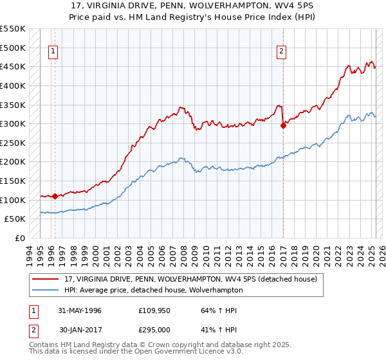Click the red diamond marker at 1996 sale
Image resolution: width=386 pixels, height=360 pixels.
point(55,196)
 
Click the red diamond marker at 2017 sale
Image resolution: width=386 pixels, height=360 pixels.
point(283,126)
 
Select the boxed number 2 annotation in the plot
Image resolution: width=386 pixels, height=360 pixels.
point(281,53)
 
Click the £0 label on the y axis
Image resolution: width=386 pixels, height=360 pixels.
point(19,238)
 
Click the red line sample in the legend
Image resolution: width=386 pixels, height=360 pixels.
point(46,280)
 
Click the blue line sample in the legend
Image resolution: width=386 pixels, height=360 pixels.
point(46,290)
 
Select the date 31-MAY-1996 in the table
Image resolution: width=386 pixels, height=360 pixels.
point(80,310)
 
